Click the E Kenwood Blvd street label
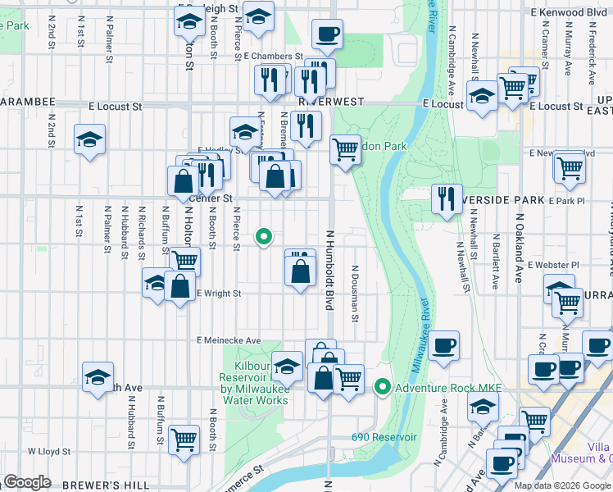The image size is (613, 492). [x=568, y=13]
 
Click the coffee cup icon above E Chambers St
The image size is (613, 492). [x=327, y=34]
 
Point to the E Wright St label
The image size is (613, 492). [x=219, y=293]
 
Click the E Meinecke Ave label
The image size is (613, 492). [x=228, y=340]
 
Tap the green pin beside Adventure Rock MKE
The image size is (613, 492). [x=382, y=387]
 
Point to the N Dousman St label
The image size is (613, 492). [x=356, y=293]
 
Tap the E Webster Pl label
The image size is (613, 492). [x=553, y=265]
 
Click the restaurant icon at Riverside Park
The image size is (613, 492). [x=446, y=199]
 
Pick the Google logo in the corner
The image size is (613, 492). [x=27, y=482]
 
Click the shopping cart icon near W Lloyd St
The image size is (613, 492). [x=184, y=439]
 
